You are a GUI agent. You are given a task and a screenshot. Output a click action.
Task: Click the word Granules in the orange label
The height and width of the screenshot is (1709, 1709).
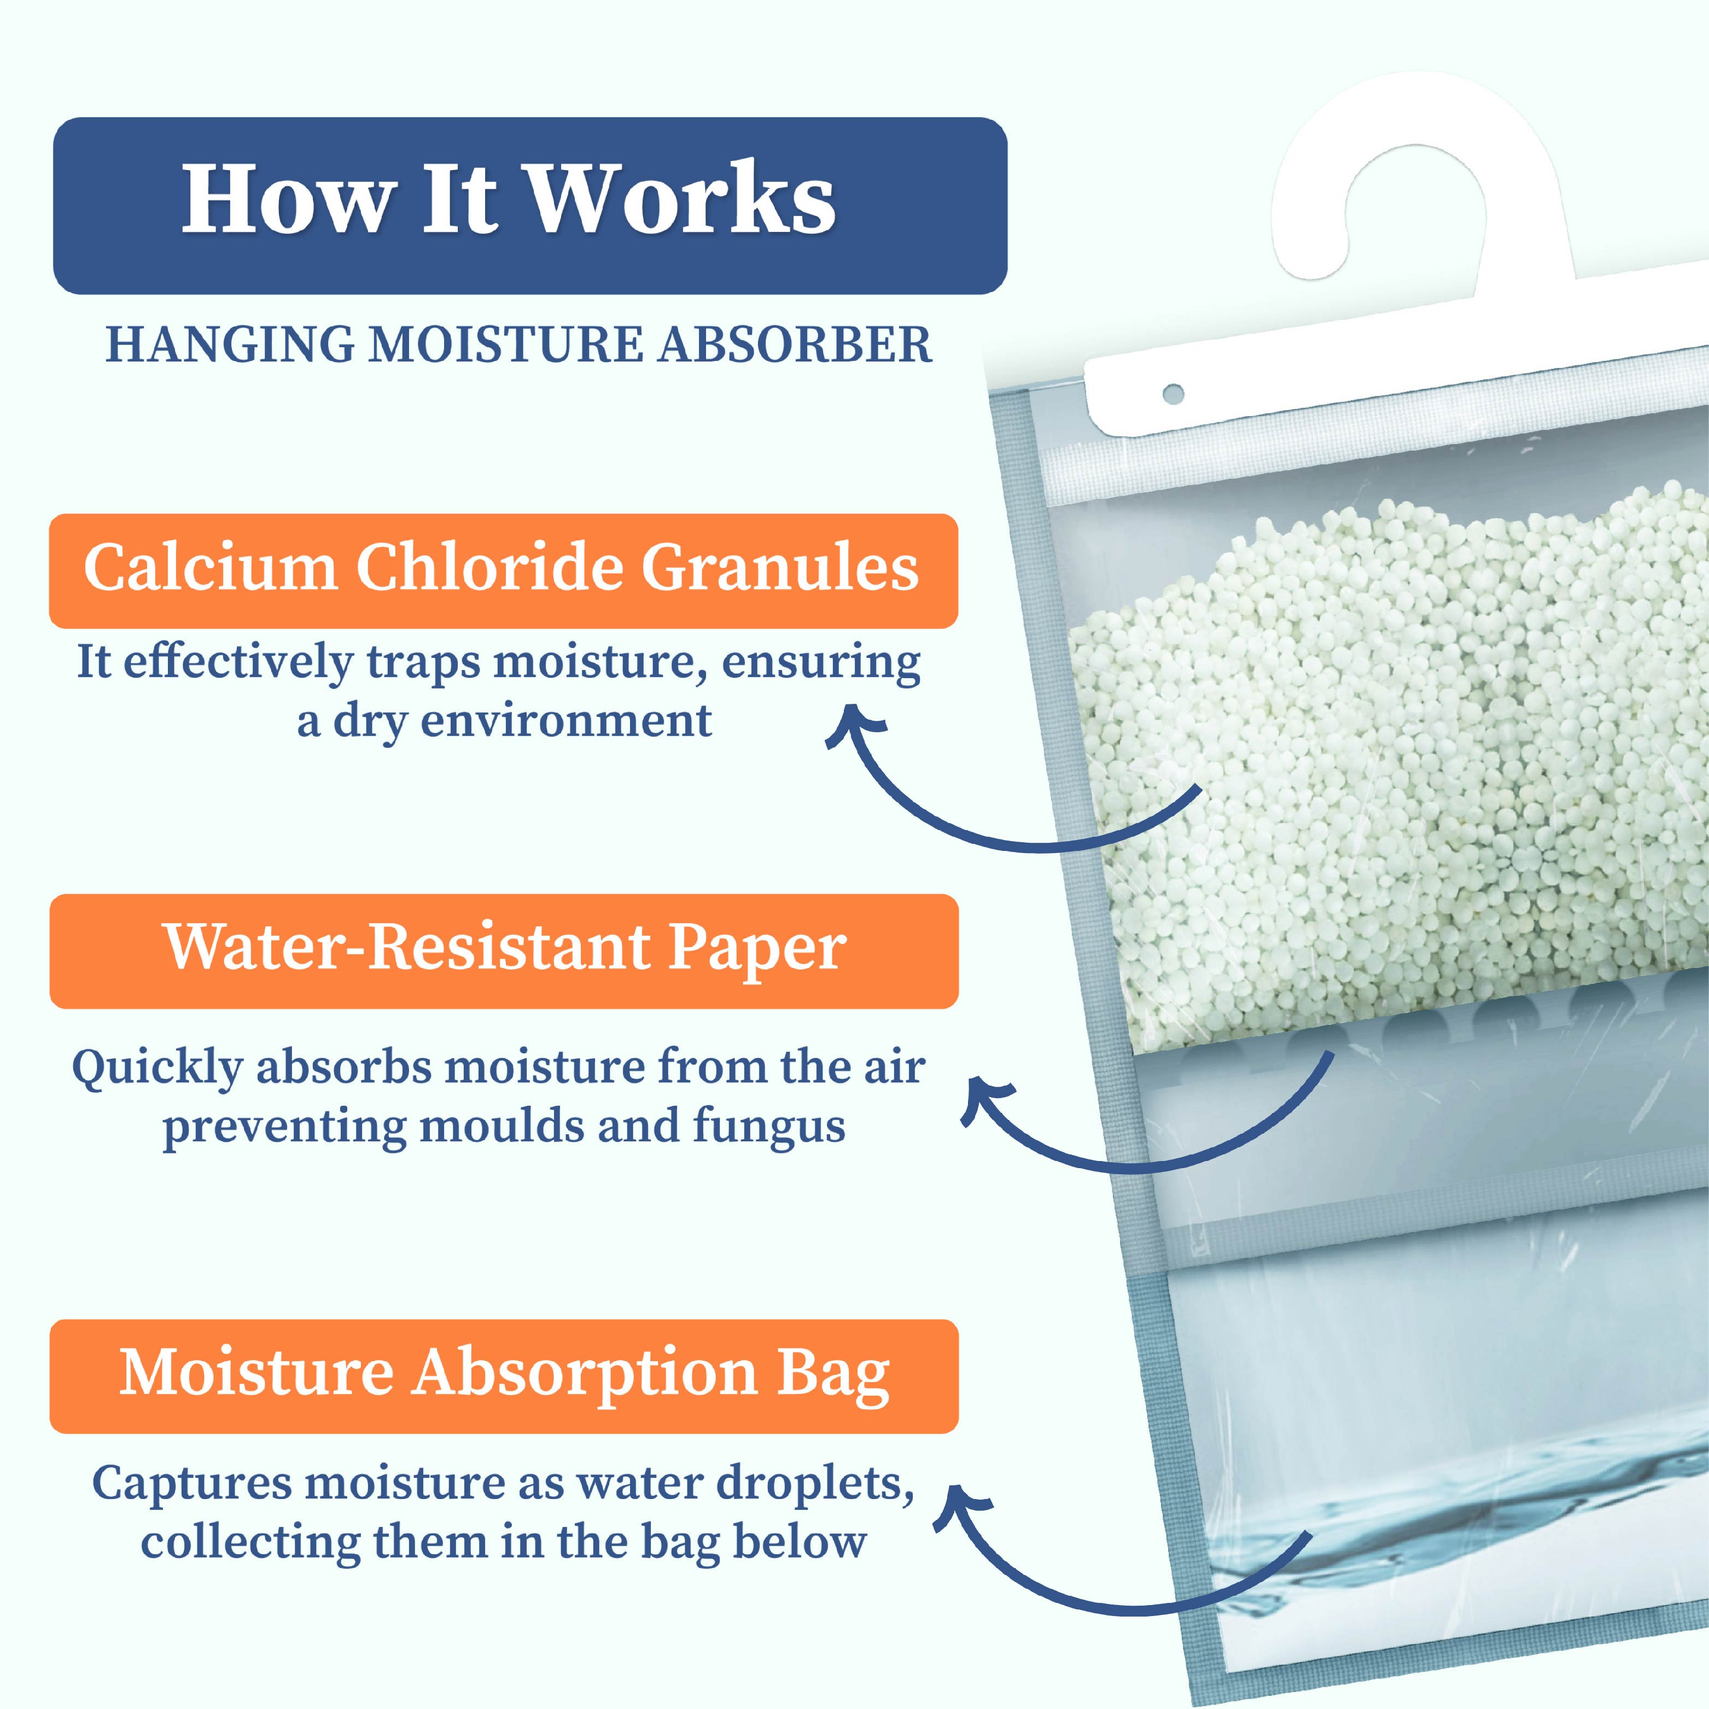tap(780, 567)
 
